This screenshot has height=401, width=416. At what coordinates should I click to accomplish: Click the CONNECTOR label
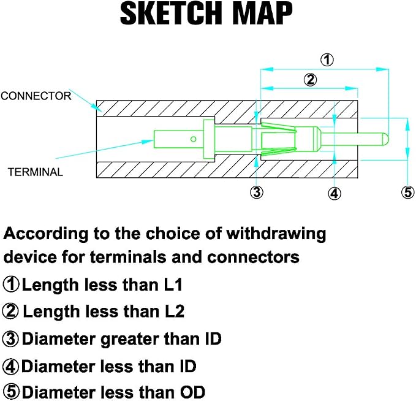coord(36,96)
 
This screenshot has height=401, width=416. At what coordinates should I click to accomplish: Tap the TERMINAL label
coord(36,172)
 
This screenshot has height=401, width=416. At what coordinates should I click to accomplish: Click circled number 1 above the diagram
coord(327,59)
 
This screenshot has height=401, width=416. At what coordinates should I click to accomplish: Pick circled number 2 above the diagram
coord(310,80)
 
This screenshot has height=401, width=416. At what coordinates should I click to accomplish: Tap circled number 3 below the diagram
coord(257,192)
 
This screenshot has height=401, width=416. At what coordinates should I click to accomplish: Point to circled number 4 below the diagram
coord(335,193)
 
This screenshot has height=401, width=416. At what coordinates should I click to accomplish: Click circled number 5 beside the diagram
coord(408,192)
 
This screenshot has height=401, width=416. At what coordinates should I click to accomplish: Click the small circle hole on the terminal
coord(194,139)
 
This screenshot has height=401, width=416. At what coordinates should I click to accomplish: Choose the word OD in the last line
coord(192,392)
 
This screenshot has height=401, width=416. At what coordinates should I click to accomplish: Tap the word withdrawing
coord(276,234)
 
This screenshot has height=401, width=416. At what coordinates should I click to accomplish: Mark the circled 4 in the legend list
coord(10,367)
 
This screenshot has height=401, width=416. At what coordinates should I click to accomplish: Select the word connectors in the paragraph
coord(254,258)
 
